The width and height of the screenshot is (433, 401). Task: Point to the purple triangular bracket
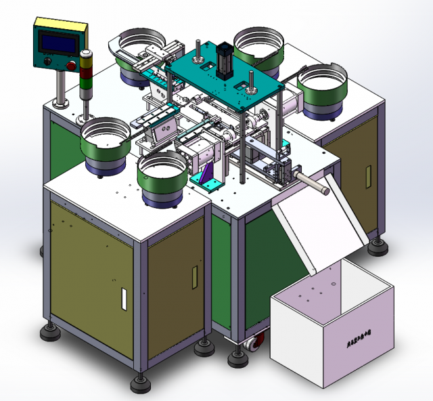point(208,177)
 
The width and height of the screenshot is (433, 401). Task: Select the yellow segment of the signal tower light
point(86,64)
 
